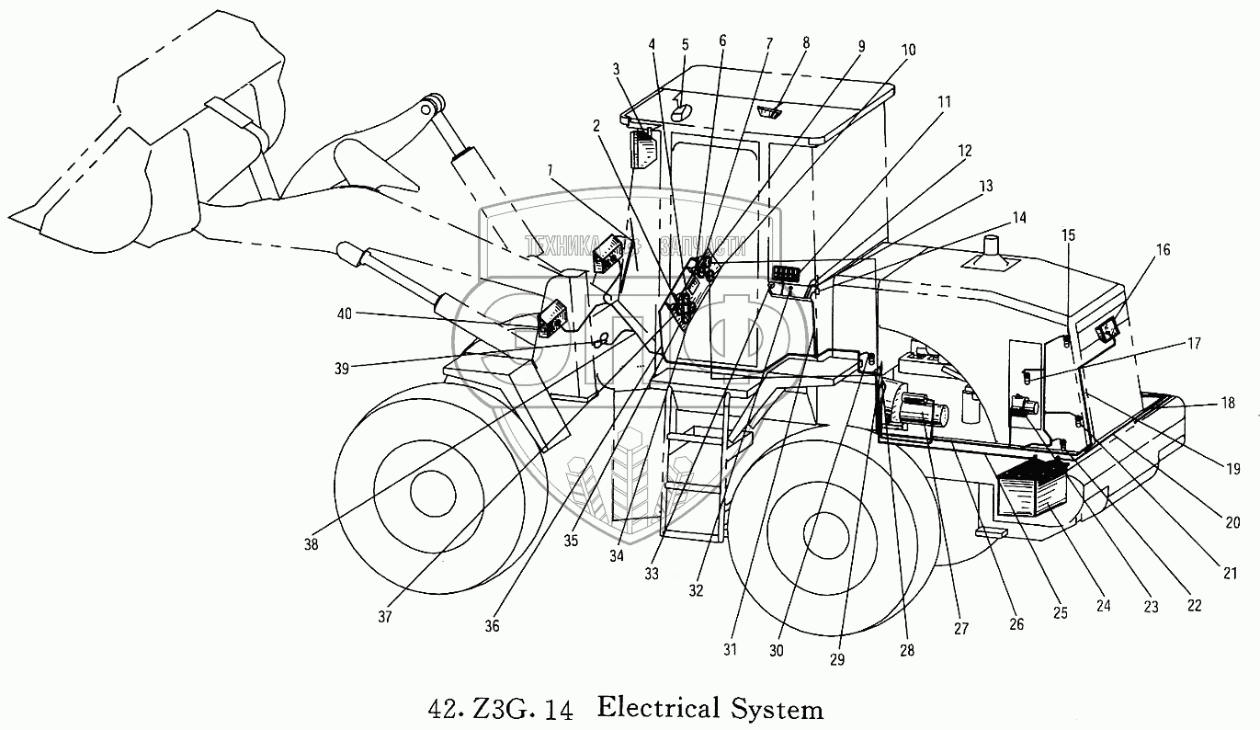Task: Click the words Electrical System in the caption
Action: click(x=709, y=709)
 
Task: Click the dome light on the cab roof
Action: click(x=683, y=111)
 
